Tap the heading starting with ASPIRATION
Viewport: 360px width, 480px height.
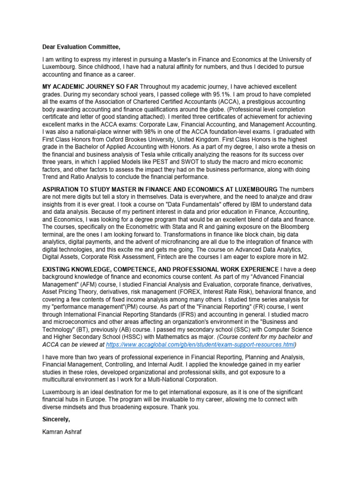(x=160, y=188)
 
